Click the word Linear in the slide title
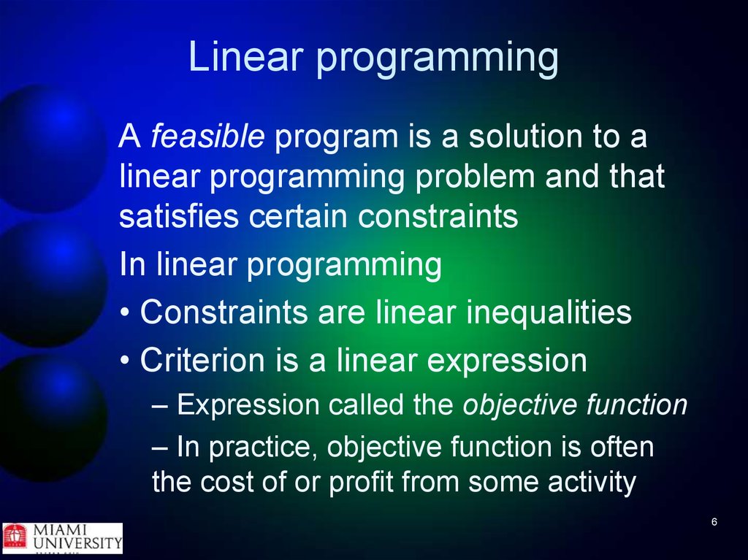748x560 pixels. point(246,56)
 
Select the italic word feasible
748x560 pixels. point(207,136)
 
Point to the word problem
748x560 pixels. point(475,176)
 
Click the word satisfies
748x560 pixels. point(179,215)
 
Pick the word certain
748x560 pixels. point(298,216)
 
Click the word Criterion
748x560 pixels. point(202,360)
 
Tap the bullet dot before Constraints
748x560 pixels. point(125,313)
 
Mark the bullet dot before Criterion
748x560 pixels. point(125,361)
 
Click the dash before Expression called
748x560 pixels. point(160,407)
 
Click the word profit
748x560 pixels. point(361,483)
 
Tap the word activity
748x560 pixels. point(592,483)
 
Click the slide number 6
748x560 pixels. point(714,522)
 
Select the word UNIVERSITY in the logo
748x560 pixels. point(77,542)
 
